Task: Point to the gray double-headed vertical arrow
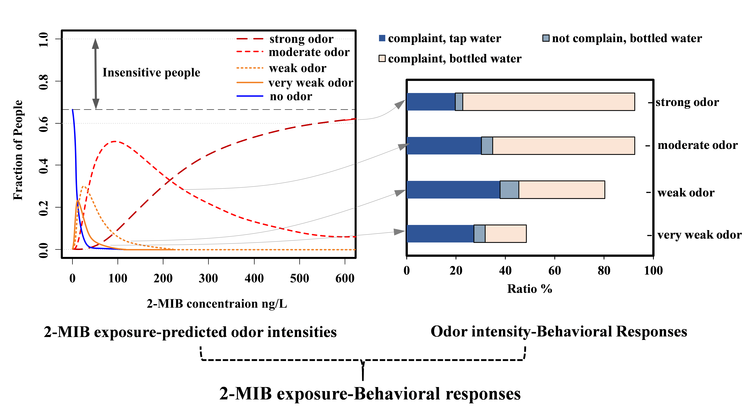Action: (95, 74)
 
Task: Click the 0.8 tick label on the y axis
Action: (43, 82)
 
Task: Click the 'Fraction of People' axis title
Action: (18, 150)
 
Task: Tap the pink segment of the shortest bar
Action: (505, 234)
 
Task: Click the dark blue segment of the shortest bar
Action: (440, 234)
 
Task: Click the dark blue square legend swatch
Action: (382, 38)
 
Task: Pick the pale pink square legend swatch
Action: (382, 58)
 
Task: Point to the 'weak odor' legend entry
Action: (297, 68)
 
